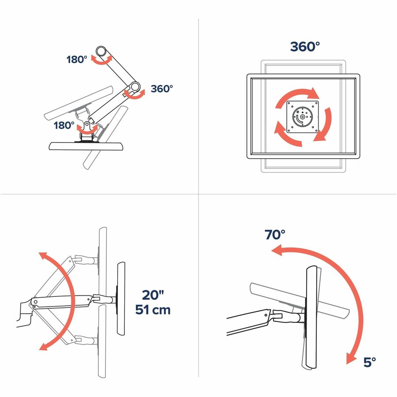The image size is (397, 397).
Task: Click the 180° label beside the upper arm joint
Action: click(77, 60)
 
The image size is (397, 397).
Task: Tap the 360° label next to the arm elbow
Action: click(162, 89)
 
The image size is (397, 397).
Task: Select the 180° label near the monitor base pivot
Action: click(64, 125)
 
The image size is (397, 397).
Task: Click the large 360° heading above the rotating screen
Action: click(305, 47)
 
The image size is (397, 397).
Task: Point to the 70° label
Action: click(275, 235)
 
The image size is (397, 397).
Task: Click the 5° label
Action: click(369, 362)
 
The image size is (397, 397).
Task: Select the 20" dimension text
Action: click(153, 295)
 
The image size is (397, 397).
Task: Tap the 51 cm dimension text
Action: click(153, 309)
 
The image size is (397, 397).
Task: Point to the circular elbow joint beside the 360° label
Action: click(135, 87)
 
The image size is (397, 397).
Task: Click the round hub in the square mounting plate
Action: click(302, 117)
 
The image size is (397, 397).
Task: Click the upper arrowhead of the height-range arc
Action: click(43, 256)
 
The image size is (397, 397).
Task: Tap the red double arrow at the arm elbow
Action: click(135, 95)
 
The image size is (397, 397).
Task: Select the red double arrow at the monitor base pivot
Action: click(87, 131)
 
